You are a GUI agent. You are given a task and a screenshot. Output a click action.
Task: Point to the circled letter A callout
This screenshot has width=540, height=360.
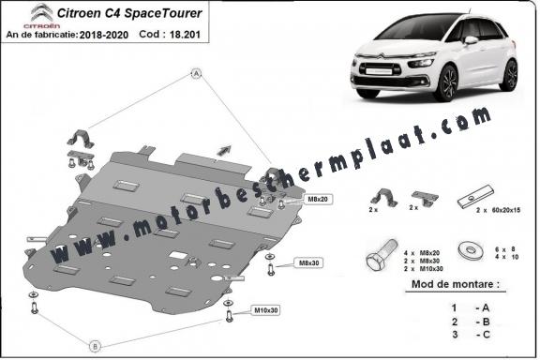pyautogui.click(x=196, y=73)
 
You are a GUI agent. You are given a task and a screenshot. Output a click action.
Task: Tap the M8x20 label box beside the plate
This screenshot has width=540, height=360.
pyautogui.click(x=316, y=200)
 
